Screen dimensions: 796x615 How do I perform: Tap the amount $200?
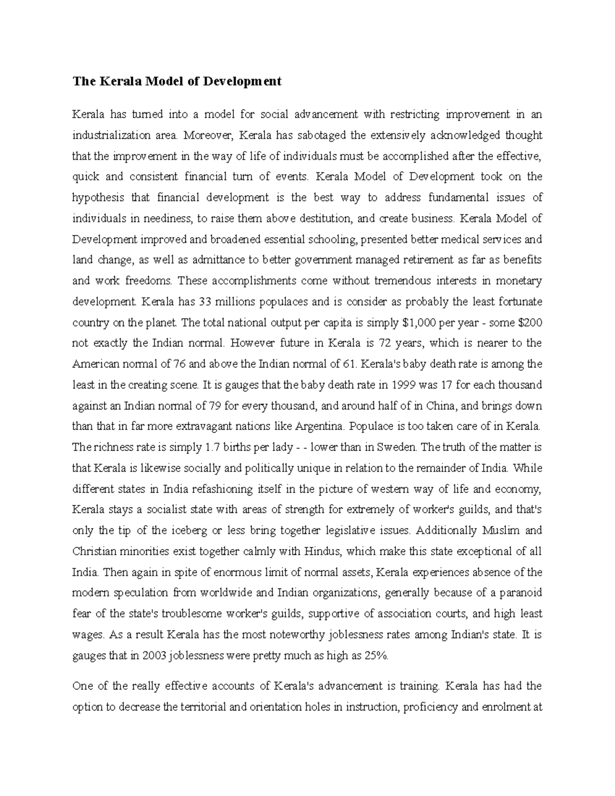pos(530,323)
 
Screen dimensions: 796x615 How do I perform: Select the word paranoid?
pos(522,593)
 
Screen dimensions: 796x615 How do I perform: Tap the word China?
pos(440,406)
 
